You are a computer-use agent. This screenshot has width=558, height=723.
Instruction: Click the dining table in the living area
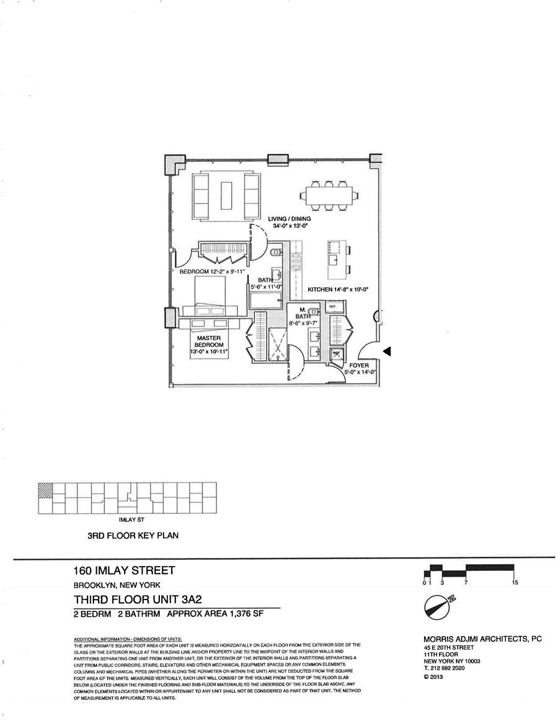pos(329,196)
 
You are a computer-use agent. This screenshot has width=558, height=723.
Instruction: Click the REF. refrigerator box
pos(332,307)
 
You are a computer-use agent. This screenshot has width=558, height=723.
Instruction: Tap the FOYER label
pos(359,366)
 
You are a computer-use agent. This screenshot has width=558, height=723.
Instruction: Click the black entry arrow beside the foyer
pos(387,352)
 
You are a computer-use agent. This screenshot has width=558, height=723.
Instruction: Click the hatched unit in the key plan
pos(45,489)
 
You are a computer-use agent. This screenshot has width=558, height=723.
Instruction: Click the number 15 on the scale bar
pos(515,583)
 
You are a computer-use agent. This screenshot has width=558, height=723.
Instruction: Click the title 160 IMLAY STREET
pos(124,570)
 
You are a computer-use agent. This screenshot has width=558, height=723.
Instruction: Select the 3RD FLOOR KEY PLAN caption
pos(133,535)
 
